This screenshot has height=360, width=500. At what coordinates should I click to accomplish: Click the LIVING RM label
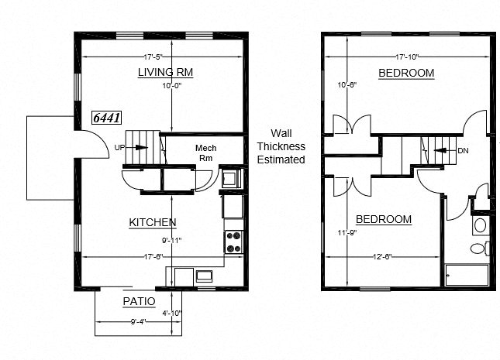click(165, 73)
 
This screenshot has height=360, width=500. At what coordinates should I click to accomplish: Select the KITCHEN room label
click(152, 222)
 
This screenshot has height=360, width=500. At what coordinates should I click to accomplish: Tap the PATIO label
click(140, 301)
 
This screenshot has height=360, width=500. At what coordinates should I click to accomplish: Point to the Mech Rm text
click(205, 153)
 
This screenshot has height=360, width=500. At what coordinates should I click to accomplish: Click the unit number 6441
click(105, 118)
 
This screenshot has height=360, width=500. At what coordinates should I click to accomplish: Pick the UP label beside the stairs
click(119, 147)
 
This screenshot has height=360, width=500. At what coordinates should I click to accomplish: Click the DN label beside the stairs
click(463, 151)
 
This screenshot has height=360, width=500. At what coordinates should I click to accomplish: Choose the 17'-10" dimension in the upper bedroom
click(409, 57)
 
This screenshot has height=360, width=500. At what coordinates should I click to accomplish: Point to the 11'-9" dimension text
click(346, 232)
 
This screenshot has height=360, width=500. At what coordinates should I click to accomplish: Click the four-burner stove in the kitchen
click(233, 242)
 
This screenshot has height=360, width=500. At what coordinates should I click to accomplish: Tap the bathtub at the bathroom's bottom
click(467, 276)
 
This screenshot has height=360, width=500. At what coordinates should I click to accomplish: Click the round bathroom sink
click(480, 225)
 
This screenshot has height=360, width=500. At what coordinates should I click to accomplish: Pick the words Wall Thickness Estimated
click(281, 146)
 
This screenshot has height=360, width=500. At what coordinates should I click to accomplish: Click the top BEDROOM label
click(406, 73)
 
